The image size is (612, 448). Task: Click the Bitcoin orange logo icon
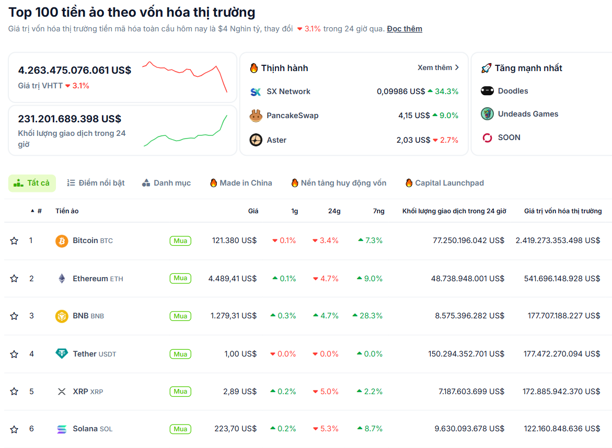62,241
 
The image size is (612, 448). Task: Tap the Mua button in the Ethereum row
180,279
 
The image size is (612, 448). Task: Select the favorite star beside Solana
14,429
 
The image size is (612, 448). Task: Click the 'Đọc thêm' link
405,29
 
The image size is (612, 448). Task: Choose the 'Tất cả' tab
32,183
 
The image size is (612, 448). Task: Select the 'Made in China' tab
241,183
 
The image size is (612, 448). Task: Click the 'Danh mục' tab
166,183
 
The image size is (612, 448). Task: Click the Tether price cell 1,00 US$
240,354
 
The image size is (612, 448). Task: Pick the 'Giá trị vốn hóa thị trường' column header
563,211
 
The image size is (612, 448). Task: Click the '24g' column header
334,211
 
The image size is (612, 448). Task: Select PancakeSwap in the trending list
292,116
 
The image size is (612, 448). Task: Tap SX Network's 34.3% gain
443,91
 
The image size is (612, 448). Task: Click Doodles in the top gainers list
513,91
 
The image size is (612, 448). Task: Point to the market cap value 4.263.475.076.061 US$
75,70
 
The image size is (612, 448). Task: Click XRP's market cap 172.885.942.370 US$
561,392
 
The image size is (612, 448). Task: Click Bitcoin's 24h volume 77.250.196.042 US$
468,240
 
